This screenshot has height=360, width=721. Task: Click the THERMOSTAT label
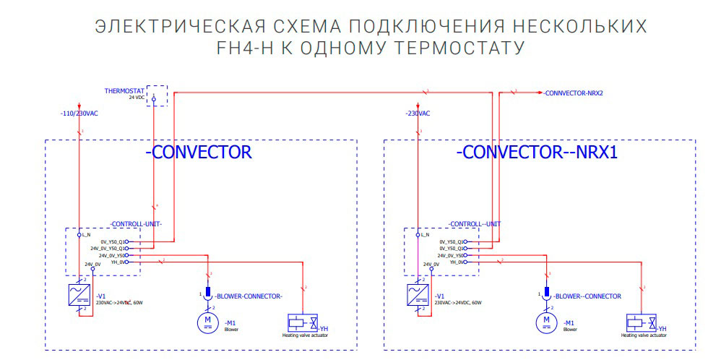click(124, 91)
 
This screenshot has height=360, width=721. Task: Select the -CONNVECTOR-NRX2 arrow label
click(574, 93)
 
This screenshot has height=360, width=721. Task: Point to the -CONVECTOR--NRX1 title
click(537, 153)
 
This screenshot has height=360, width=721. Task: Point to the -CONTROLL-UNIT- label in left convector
click(136, 224)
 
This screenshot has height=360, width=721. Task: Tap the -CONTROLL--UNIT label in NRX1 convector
click(474, 224)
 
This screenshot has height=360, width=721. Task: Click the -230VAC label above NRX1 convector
click(418, 114)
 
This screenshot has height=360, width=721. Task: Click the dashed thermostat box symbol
click(157, 96)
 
